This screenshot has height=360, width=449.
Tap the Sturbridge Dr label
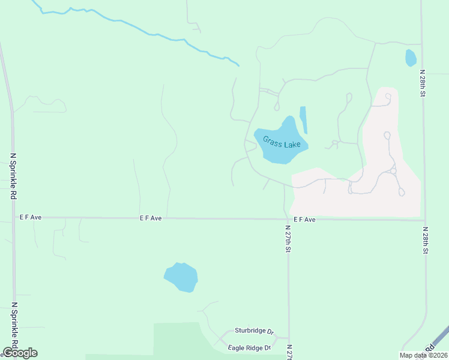pos(254,331)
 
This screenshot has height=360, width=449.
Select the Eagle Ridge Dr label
pos(250,347)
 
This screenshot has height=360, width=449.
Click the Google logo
pos(20,353)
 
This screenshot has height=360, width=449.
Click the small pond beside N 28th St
pos(411,58)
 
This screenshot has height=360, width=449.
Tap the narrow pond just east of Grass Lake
pos(303,119)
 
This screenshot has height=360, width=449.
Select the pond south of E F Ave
pos(181,277)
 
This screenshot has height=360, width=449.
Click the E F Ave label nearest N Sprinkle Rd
pos(29,217)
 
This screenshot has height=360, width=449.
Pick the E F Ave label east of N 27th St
pos(304,220)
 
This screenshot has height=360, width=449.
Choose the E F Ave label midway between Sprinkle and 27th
pos(151,218)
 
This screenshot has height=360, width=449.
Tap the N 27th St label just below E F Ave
pos(289,238)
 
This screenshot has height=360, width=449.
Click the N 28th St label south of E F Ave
pos(425,240)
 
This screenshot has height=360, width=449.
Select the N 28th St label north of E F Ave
pos(423,84)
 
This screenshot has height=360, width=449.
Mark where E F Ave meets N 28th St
pos(424,220)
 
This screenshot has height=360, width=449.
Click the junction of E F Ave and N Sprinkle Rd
pos(13,218)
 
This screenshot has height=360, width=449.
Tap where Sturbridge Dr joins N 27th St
pos(289,338)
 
